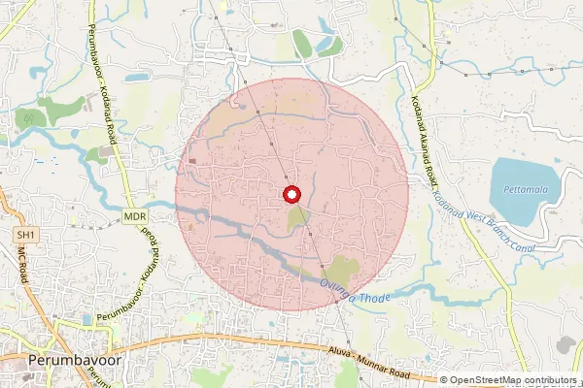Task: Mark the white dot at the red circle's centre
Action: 291,194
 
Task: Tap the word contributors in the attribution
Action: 550,380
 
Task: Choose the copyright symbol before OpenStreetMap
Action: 445,380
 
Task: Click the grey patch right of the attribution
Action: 566,345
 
